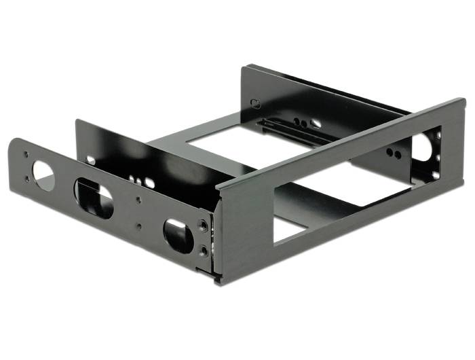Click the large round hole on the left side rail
coord(43,176)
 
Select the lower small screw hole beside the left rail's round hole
coord(27,179)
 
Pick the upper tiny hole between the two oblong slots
coord(139,200)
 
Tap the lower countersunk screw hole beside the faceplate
coord(204,252)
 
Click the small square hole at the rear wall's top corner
coord(255,104)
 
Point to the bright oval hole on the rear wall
coord(316,124)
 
